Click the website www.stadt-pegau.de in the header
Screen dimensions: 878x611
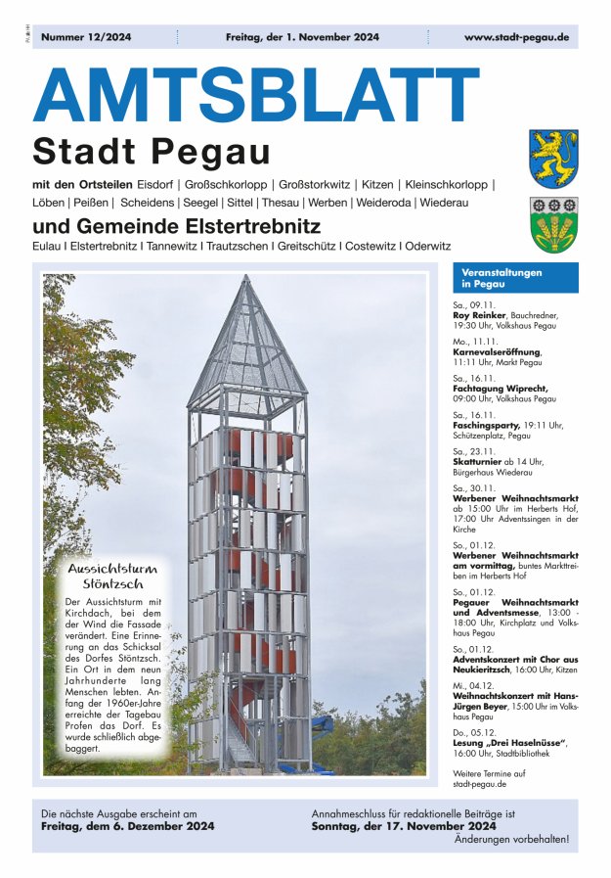click(x=516, y=37)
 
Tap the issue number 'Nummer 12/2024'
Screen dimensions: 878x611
click(x=86, y=37)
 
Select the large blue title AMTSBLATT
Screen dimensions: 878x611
click(x=256, y=96)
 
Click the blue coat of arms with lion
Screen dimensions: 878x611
click(x=553, y=159)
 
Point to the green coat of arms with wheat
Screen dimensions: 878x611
click(x=553, y=225)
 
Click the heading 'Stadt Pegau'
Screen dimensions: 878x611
click(x=152, y=152)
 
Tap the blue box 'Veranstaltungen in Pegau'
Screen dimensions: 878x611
click(x=515, y=278)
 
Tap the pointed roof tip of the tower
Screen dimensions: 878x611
click(x=247, y=281)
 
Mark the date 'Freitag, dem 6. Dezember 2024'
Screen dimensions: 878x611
click(x=128, y=826)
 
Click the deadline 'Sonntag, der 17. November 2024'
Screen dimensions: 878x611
click(x=404, y=826)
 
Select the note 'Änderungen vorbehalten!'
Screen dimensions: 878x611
click(x=511, y=839)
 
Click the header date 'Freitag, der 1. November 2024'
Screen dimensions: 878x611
click(x=302, y=37)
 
